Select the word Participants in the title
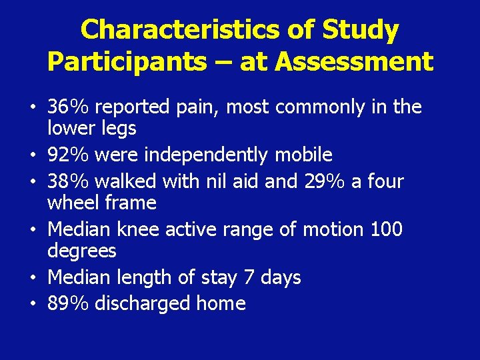(x=127, y=61)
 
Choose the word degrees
(x=82, y=251)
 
